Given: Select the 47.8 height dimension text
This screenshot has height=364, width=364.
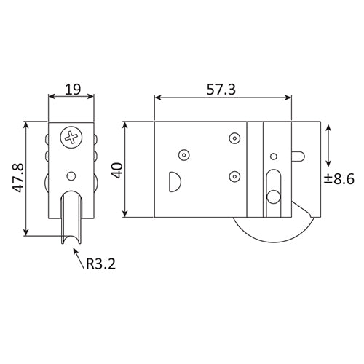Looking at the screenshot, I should point(15,177).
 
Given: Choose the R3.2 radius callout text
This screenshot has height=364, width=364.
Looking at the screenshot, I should point(100,265).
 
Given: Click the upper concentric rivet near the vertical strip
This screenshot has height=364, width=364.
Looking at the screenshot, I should point(234,138).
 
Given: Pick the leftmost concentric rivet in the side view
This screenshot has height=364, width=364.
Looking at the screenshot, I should point(183,154).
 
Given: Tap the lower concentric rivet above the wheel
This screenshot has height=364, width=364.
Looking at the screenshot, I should point(234,175).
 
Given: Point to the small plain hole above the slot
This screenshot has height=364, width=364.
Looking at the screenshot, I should point(274,154).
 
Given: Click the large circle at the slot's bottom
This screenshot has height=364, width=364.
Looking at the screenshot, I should point(273,197).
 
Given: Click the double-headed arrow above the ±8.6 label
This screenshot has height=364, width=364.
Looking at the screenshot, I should point(330,144).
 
